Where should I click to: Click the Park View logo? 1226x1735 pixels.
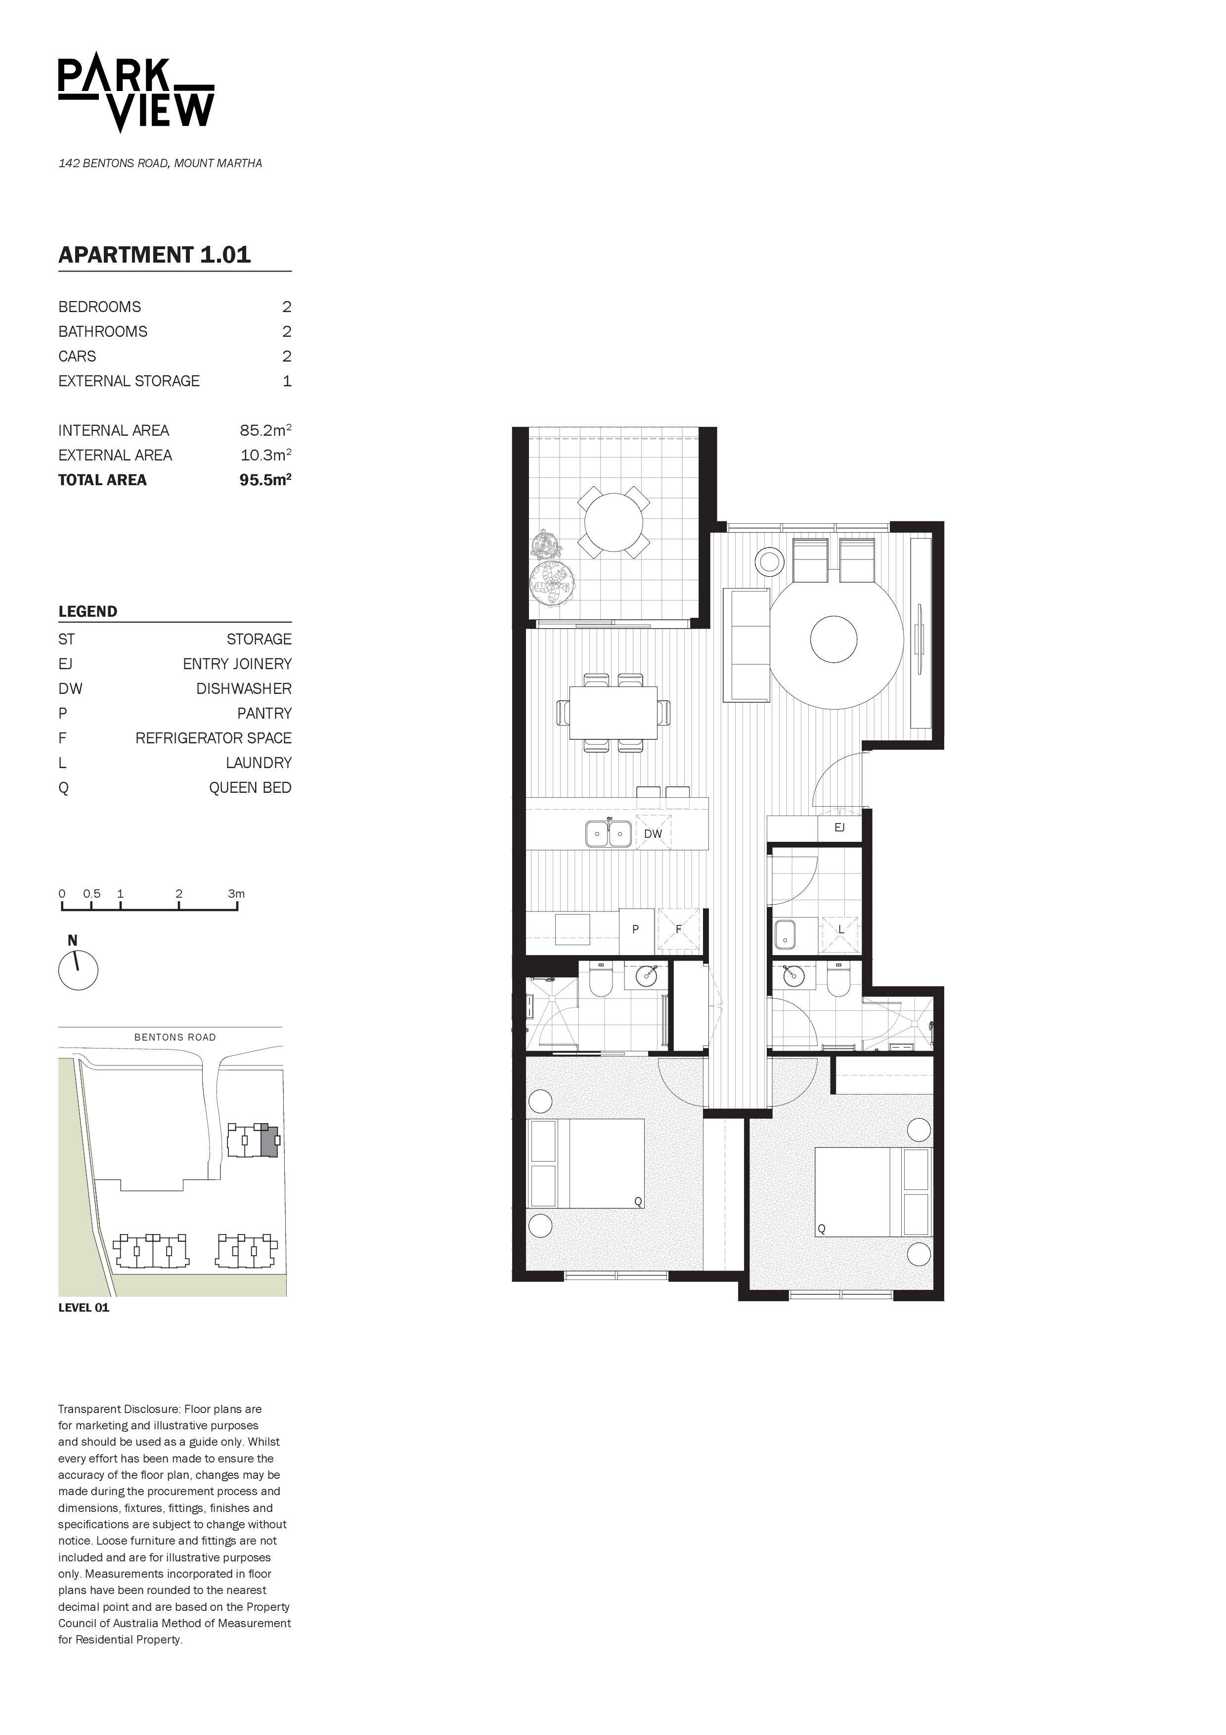(x=136, y=96)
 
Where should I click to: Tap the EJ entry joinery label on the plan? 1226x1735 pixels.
(x=839, y=827)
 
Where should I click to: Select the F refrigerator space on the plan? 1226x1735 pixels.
(x=678, y=929)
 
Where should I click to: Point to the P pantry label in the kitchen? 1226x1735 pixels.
(x=635, y=929)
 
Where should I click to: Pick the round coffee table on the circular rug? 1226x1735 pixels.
(x=834, y=639)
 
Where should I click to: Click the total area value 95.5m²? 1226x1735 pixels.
(x=265, y=480)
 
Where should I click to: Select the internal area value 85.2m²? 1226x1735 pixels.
(x=265, y=431)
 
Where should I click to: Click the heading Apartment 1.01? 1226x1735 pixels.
(x=155, y=255)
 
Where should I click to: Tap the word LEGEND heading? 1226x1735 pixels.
(x=88, y=611)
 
